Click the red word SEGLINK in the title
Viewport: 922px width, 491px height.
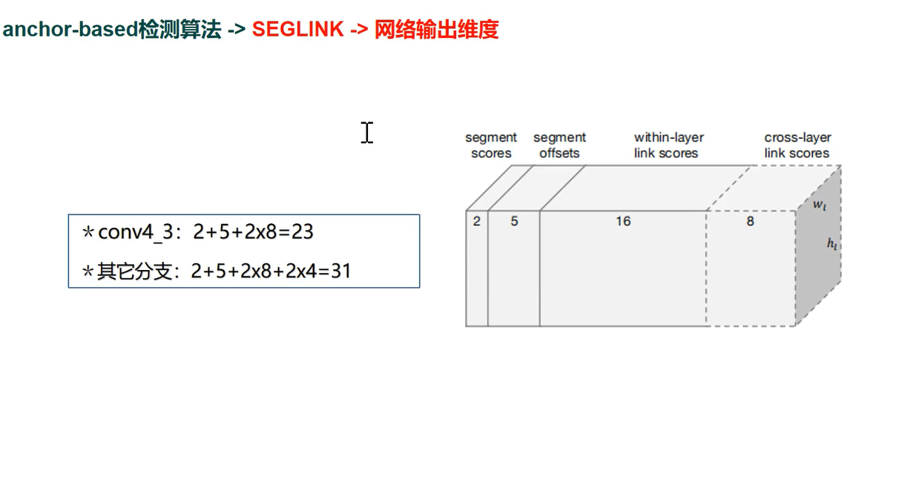(297, 30)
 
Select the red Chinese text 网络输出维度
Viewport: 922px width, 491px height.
(436, 30)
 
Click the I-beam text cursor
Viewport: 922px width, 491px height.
(367, 133)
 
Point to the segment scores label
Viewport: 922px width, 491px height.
(491, 145)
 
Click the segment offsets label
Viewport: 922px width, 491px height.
(559, 145)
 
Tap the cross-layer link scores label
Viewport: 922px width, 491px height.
(797, 145)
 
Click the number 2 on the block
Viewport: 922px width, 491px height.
(477, 221)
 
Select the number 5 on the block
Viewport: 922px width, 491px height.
(514, 221)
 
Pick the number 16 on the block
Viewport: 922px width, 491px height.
(623, 221)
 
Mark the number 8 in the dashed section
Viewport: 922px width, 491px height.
(750, 221)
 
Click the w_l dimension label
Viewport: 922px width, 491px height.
(819, 205)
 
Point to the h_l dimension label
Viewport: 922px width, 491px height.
(832, 243)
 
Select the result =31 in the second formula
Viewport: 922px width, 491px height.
(335, 271)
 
